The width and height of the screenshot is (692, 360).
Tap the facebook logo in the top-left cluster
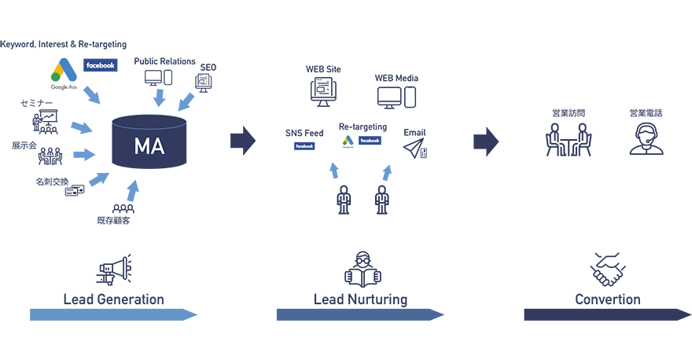tap(101, 65)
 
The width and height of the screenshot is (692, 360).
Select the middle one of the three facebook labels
tap(304, 146)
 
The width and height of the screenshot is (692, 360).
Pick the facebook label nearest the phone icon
tap(370, 141)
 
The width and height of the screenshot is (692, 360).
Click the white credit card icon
tap(75, 189)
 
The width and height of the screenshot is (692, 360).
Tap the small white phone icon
tap(423, 153)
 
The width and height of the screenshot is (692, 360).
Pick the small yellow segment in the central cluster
tap(339, 139)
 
